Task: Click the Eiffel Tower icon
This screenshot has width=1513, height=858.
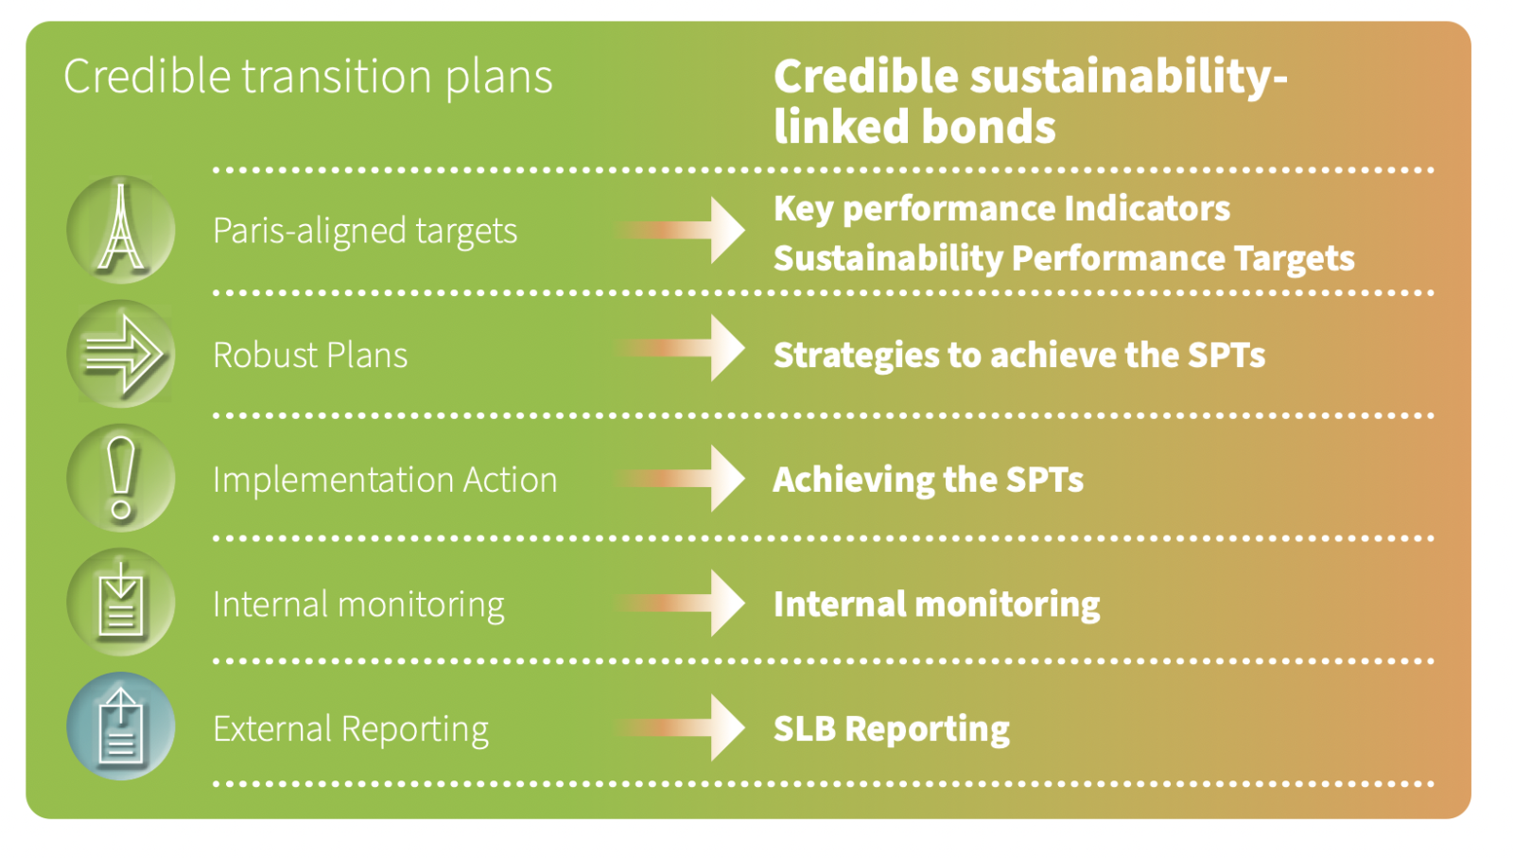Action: coord(121,230)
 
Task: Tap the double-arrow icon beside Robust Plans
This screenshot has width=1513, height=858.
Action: coord(121,354)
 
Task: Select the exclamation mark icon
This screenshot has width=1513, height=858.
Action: coord(121,479)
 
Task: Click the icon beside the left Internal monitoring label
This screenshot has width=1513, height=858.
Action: coord(121,602)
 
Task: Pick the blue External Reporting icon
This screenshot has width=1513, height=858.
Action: coord(121,727)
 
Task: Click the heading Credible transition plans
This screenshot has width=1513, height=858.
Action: coord(308,77)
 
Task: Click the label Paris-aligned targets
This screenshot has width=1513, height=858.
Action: coord(365,231)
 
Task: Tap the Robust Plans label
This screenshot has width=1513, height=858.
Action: coord(310,355)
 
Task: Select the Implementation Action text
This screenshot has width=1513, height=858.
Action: coord(385,480)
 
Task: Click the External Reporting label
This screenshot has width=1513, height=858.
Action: coord(351,729)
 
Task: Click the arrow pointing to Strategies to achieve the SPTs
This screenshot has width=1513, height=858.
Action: coord(681,348)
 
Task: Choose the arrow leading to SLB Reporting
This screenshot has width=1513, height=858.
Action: coord(681,727)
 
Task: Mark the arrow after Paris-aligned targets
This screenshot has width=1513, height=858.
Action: coord(681,231)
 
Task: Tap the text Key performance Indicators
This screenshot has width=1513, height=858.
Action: coord(1001,209)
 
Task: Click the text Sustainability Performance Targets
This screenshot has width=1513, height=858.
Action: coord(1064,259)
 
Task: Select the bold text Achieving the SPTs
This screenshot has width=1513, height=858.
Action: coord(928,480)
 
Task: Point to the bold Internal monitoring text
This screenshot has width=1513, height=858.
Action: coord(936,604)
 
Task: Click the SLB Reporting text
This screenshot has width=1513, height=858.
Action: coord(891,729)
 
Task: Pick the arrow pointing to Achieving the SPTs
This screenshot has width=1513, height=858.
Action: coord(681,479)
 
